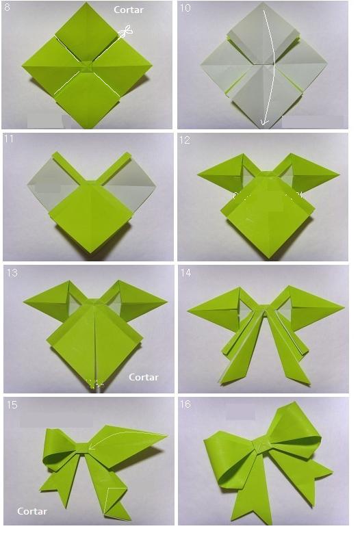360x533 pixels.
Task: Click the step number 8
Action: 7,7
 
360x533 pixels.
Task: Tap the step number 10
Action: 185,8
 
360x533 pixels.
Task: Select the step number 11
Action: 8,138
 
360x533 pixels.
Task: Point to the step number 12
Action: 185,140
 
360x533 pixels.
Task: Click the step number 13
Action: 12,272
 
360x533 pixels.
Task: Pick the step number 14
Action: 186,272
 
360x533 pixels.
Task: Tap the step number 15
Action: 12,404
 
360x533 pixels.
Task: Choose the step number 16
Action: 185,404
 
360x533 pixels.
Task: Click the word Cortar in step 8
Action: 129,10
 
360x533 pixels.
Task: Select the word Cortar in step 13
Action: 144,377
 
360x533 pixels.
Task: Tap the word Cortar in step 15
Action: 32,511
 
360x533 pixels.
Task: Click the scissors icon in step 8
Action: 126,31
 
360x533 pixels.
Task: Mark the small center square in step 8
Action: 86,66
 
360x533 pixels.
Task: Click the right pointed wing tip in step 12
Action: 339,175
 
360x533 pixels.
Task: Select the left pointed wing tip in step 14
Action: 188,311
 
